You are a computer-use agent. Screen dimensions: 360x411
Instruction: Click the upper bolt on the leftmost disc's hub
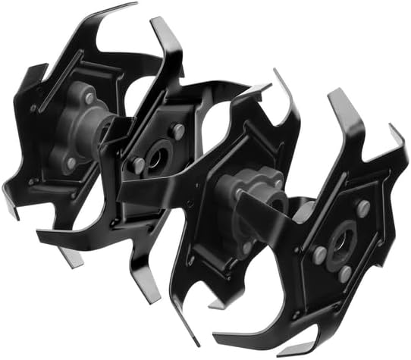89,98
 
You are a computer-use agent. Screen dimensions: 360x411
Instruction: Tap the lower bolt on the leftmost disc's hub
71,162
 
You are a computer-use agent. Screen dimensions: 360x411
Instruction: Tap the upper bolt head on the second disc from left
178,129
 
